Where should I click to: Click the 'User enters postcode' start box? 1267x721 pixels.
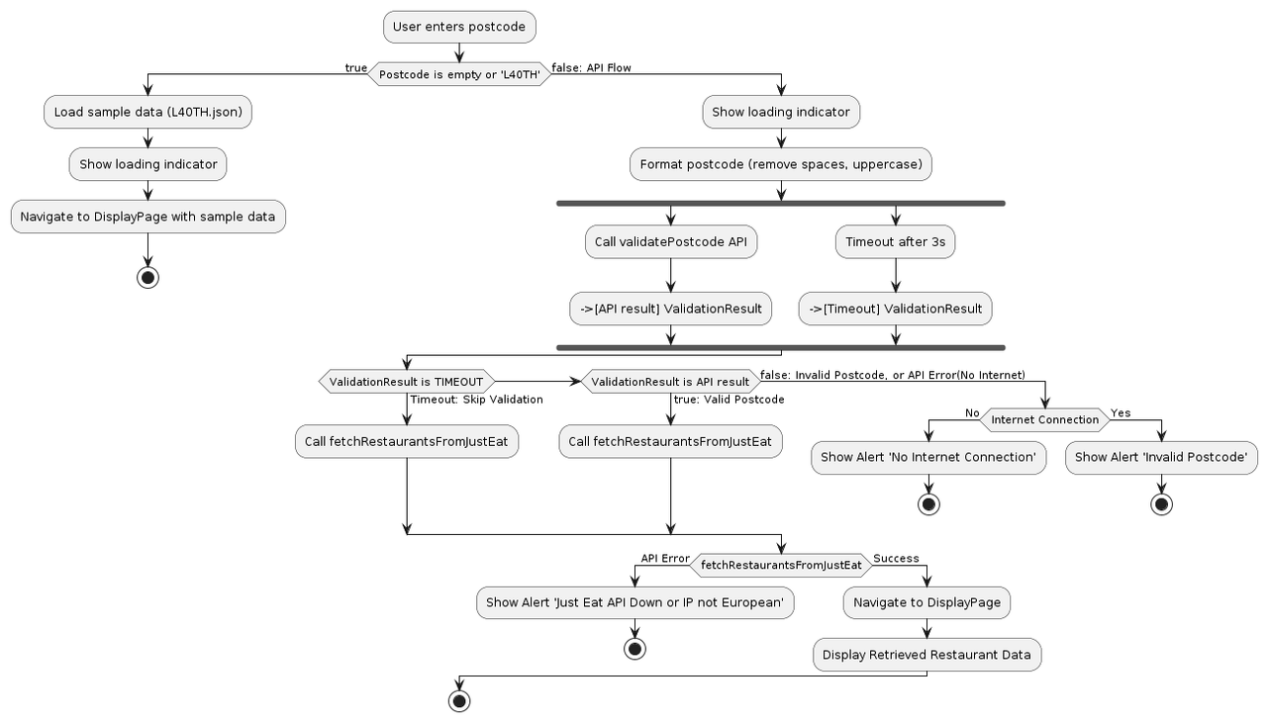[x=459, y=27]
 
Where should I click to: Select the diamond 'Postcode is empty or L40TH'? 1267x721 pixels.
[x=459, y=74]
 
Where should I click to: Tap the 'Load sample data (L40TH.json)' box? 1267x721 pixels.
[x=147, y=113]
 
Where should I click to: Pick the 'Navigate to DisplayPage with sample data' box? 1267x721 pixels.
[x=147, y=217]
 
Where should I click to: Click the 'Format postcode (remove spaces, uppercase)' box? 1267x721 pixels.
[x=781, y=164]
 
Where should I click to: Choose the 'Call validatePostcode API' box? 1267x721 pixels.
[x=670, y=242]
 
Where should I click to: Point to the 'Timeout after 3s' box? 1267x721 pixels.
[x=895, y=242]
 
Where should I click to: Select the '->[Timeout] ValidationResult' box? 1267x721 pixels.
[x=895, y=309]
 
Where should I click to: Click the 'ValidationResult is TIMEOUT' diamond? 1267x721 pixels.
[x=406, y=382]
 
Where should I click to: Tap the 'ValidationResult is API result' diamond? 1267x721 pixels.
[x=670, y=382]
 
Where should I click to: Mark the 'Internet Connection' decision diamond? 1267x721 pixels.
[x=1044, y=419]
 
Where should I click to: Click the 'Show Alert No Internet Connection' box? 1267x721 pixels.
[x=928, y=458]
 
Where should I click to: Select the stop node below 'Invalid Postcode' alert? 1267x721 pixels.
[x=1161, y=504]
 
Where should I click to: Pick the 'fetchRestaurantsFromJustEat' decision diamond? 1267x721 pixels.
[x=781, y=565]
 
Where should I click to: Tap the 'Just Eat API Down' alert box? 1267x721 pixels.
[x=634, y=603]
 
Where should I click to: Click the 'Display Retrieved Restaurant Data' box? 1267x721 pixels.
[x=926, y=655]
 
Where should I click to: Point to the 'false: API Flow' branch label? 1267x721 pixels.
[x=591, y=67]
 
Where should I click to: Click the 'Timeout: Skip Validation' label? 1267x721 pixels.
[x=476, y=400]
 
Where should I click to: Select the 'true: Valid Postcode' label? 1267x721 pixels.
[x=729, y=400]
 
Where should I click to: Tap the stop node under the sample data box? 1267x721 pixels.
[x=147, y=277]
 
